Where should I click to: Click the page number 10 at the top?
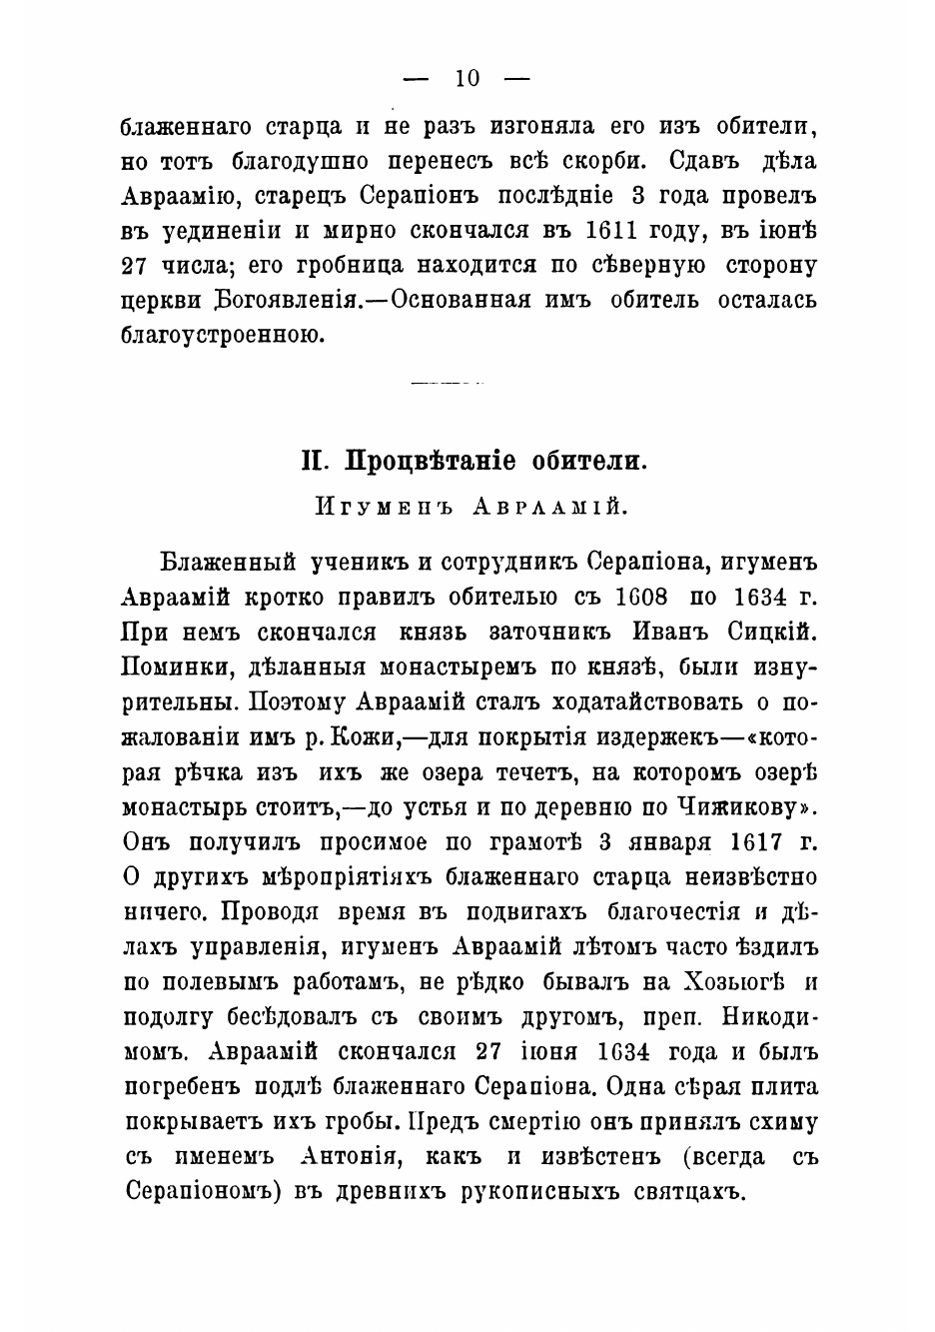click(467, 79)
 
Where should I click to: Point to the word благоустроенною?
click(223, 335)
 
